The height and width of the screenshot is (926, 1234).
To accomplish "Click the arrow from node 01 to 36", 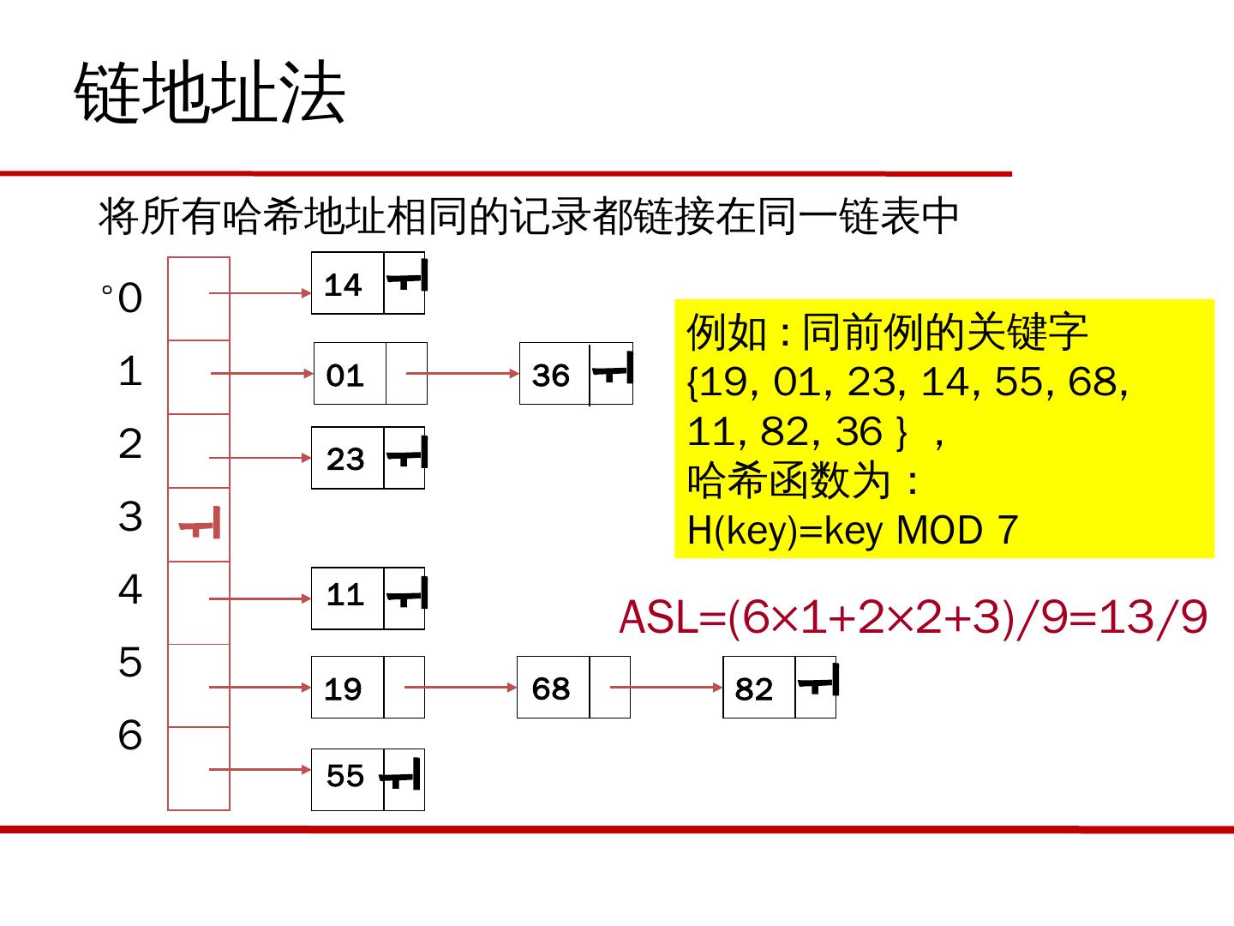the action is (463, 374).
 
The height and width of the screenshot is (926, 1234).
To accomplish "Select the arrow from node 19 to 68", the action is (460, 688).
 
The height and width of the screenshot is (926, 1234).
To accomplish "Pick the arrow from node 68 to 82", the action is (667, 688).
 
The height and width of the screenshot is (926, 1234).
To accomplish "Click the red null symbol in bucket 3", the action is (200, 524).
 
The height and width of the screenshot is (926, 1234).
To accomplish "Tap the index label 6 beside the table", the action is (130, 736).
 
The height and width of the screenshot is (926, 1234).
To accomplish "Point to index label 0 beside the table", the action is (130, 299).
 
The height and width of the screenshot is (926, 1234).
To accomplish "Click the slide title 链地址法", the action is (210, 93).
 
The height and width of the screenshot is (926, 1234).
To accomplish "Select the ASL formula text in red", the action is (914, 617).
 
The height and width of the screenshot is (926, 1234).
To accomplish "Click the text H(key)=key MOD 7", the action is (853, 530).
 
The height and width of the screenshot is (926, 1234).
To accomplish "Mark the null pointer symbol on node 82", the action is (818, 682).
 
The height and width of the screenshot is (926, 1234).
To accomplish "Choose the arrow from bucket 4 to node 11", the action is (261, 598).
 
